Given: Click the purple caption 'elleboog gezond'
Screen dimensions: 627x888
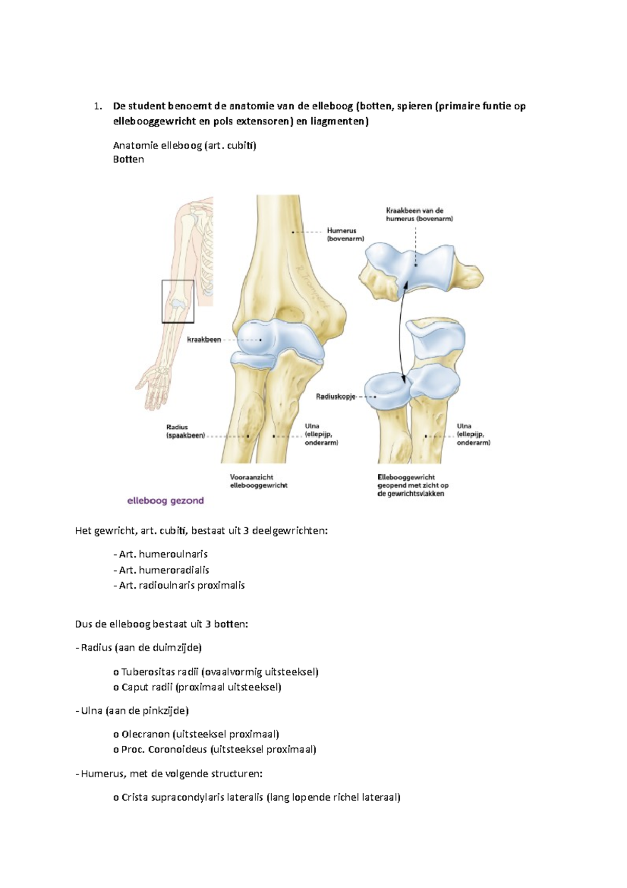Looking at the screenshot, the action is tap(165, 501).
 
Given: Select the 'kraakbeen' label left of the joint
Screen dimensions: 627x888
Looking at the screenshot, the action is tap(204, 340).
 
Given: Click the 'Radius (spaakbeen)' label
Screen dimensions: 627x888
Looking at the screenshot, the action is tap(185, 431).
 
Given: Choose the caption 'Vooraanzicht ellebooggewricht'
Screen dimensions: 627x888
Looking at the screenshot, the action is tap(259, 481).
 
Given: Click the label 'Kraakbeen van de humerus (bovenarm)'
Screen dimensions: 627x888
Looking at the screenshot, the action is tap(420, 214).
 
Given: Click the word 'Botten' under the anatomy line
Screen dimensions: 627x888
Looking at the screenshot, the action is tap(129, 160).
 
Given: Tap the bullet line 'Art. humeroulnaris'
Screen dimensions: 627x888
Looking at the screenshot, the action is tap(163, 554).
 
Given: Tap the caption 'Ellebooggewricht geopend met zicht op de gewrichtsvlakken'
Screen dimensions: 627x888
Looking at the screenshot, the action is tap(413, 485).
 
